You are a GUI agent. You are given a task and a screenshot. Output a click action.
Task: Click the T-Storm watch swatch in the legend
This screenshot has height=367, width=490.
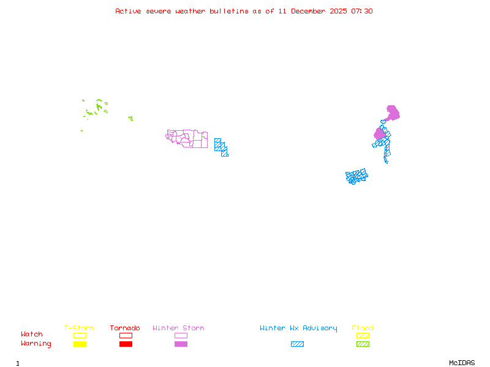click(80, 335)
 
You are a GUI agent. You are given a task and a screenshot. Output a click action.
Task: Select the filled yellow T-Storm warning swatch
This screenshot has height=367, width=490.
click(80, 344)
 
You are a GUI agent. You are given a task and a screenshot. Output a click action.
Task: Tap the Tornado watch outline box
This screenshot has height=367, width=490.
click(126, 335)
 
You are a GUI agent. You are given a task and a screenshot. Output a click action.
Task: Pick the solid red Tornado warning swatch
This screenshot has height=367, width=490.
click(126, 344)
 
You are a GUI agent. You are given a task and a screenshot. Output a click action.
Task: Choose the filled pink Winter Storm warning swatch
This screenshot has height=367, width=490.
click(181, 344)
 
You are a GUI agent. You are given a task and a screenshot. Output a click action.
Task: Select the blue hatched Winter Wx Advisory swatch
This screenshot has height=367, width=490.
click(297, 344)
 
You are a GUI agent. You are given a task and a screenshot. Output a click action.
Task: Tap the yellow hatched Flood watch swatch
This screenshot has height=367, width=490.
click(363, 335)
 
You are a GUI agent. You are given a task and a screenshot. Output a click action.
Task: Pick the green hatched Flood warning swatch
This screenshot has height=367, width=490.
click(363, 344)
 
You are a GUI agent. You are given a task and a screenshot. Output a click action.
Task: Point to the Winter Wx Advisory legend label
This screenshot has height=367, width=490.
click(298, 328)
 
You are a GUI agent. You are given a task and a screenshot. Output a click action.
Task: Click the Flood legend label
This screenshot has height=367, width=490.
click(363, 328)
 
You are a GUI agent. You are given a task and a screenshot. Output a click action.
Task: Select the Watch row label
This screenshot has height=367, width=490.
click(32, 335)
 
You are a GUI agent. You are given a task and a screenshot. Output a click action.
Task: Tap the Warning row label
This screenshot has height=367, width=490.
click(36, 344)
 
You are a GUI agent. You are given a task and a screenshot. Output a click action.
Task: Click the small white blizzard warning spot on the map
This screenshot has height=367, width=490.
click(388, 162)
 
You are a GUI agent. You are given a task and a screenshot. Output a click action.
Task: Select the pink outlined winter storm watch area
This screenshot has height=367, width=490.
click(187, 139)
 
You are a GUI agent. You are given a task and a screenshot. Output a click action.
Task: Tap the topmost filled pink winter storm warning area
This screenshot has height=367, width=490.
click(393, 113)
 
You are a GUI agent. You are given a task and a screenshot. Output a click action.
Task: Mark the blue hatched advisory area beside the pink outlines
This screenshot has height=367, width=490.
click(221, 147)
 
